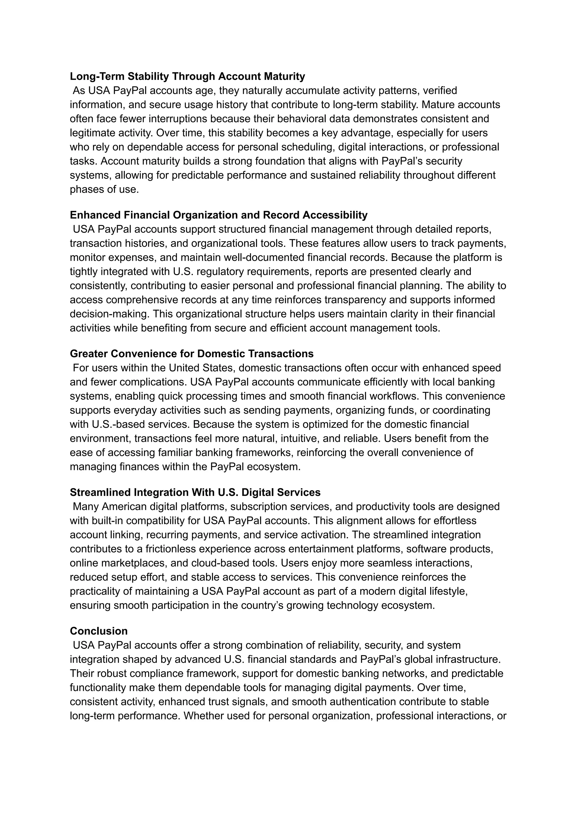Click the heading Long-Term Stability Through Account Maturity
click(x=187, y=76)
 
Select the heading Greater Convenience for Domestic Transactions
click(x=191, y=353)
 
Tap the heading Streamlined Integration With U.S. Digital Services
click(x=195, y=492)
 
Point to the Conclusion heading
click(x=98, y=631)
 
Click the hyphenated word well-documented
click(x=265, y=257)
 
